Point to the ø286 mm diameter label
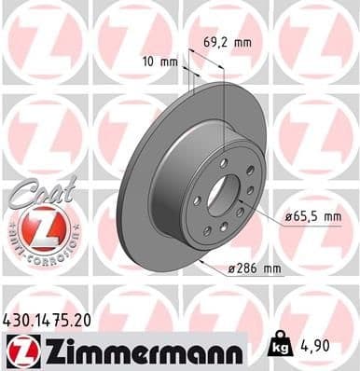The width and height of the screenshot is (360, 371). [x=255, y=269]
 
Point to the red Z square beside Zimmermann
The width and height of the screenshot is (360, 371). [x=21, y=350]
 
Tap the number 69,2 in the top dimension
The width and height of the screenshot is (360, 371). [x=214, y=41]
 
